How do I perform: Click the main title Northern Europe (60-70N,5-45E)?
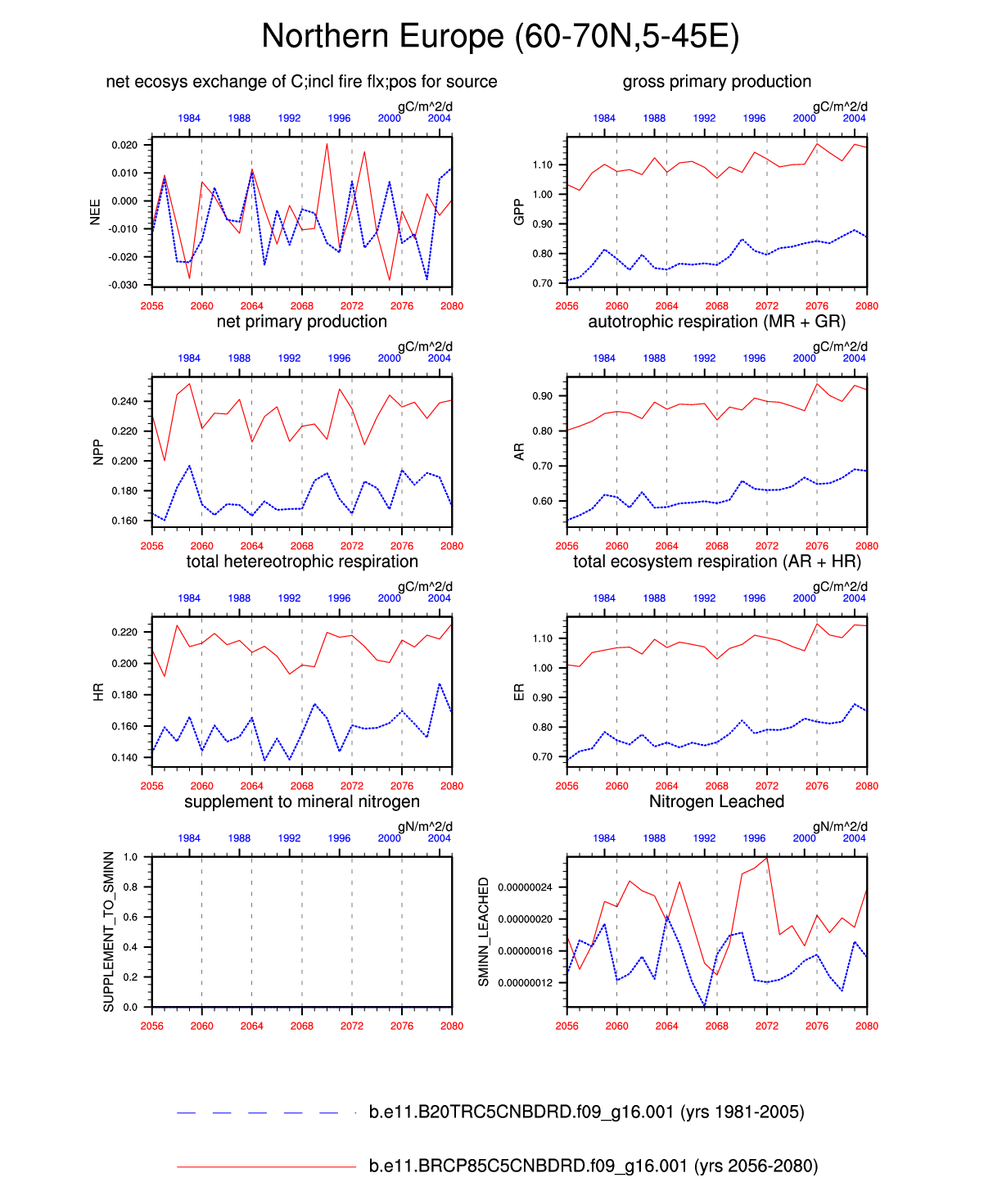coord(500,37)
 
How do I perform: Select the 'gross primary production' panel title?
coord(716,82)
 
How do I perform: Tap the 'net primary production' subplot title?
coord(301,322)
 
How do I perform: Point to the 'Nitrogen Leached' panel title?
coord(716,801)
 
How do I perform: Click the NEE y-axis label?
coord(95,212)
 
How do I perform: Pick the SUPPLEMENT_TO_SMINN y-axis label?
coord(109,932)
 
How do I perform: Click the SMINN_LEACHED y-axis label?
coord(484,932)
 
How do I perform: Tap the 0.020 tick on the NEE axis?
coord(124,145)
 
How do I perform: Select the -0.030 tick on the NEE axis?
coord(124,285)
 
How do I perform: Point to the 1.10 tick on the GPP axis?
coord(542,165)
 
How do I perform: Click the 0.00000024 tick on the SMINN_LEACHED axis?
coord(525,887)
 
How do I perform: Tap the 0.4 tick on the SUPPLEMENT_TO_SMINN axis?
coord(130,948)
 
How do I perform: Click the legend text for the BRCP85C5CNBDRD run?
coord(593,1166)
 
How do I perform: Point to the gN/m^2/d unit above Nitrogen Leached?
coord(840,827)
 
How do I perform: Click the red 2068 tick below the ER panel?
coord(716,786)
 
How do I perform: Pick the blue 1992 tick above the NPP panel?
coord(289,358)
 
